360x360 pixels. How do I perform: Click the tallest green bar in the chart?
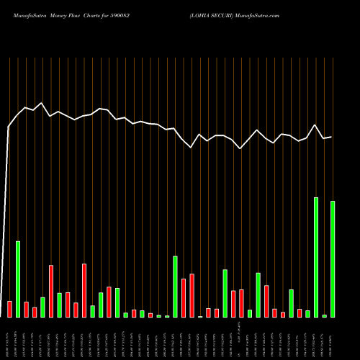(x=316, y=257)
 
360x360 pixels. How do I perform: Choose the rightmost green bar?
(x=333, y=259)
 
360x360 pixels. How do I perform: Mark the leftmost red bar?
(x=9, y=309)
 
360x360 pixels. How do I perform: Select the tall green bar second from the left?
(x=18, y=279)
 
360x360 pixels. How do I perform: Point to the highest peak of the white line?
(x=42, y=103)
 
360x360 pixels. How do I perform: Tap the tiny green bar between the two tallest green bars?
(x=325, y=315)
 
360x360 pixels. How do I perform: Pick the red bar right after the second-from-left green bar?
(x=26, y=310)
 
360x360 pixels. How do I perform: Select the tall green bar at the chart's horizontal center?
(x=175, y=287)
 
